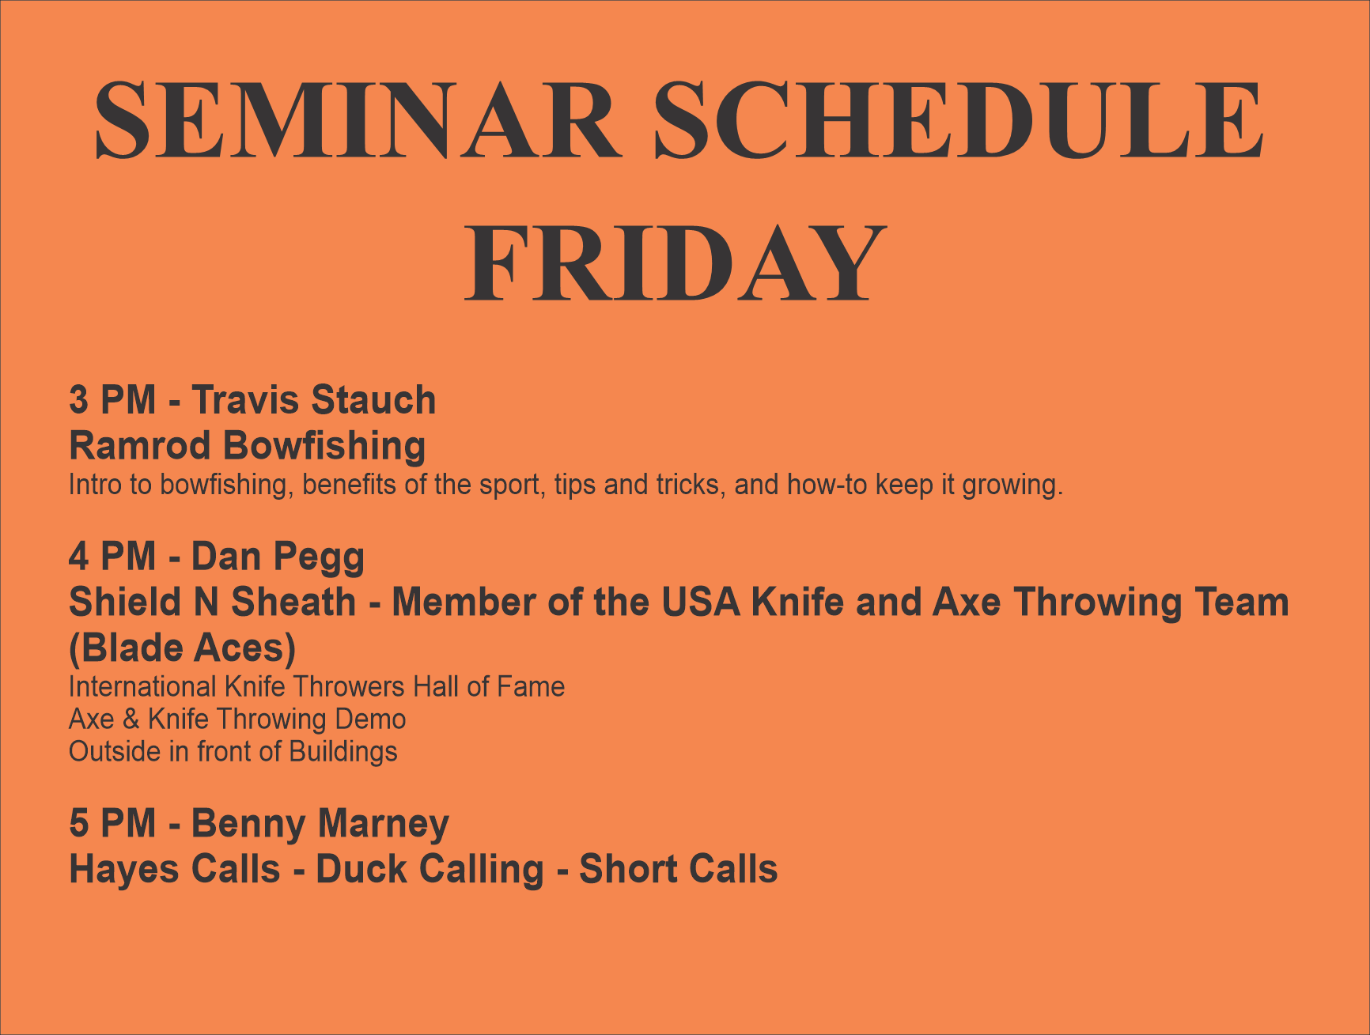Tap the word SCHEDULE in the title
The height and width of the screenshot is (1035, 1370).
tap(959, 120)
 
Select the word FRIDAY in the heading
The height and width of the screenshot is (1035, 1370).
tap(675, 263)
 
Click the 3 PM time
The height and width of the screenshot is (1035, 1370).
tap(112, 400)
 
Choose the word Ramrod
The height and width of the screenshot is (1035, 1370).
tap(140, 446)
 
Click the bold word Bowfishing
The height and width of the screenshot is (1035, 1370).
tap(324, 447)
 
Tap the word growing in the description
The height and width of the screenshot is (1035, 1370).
tap(1012, 485)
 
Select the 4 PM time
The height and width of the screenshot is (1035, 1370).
tap(112, 557)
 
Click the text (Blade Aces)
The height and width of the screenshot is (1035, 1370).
tap(183, 649)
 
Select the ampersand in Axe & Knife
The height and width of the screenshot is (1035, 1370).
tap(131, 720)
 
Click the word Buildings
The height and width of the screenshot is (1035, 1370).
tap(343, 752)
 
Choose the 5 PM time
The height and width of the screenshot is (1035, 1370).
tap(112, 824)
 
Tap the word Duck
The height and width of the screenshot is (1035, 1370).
tap(361, 870)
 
